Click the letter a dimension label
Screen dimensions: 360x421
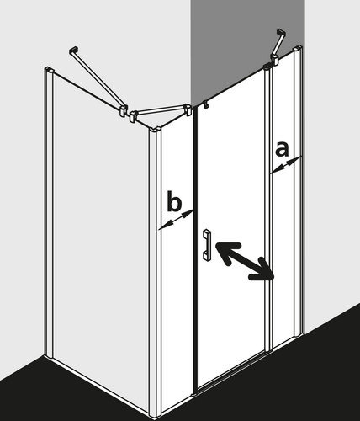[282, 149]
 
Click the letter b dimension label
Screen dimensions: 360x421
[174, 200]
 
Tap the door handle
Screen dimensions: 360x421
[207, 244]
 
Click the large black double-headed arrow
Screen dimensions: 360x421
[244, 261]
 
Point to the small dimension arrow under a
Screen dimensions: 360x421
[286, 165]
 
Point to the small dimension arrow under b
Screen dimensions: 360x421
[176, 220]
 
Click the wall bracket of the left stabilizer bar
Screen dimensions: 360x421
[73, 50]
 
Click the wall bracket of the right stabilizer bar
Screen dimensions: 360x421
[282, 33]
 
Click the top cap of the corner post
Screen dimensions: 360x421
[155, 130]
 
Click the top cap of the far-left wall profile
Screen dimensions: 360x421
[49, 70]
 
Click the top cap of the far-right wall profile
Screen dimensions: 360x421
[297, 50]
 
